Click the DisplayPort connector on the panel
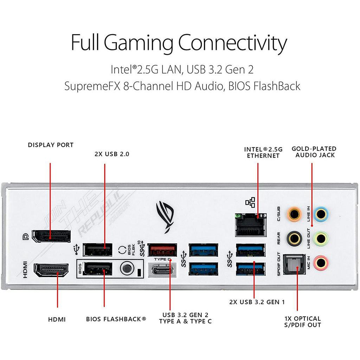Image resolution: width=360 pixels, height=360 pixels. pyautogui.click(x=51, y=236)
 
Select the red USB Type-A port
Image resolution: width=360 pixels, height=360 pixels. pyautogui.click(x=162, y=250)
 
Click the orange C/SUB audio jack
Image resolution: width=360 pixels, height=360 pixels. pyautogui.click(x=294, y=213)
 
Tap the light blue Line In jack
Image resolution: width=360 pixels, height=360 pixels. pyautogui.click(x=321, y=213)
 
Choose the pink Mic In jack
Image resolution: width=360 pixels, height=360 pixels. pyautogui.click(x=321, y=262)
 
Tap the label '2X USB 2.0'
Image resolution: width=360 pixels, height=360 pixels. pyautogui.click(x=112, y=154)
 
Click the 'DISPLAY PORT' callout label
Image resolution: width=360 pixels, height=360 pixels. pyautogui.click(x=51, y=145)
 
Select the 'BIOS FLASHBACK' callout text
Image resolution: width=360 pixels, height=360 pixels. pyautogui.click(x=116, y=319)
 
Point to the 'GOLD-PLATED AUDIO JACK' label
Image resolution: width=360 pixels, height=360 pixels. pyautogui.click(x=314, y=152)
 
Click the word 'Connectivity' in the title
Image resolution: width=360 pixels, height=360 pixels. pyautogui.click(x=232, y=43)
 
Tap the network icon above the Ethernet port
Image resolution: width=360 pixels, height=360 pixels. pyautogui.click(x=250, y=202)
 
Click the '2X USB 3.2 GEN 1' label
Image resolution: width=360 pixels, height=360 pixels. pyautogui.click(x=257, y=302)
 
